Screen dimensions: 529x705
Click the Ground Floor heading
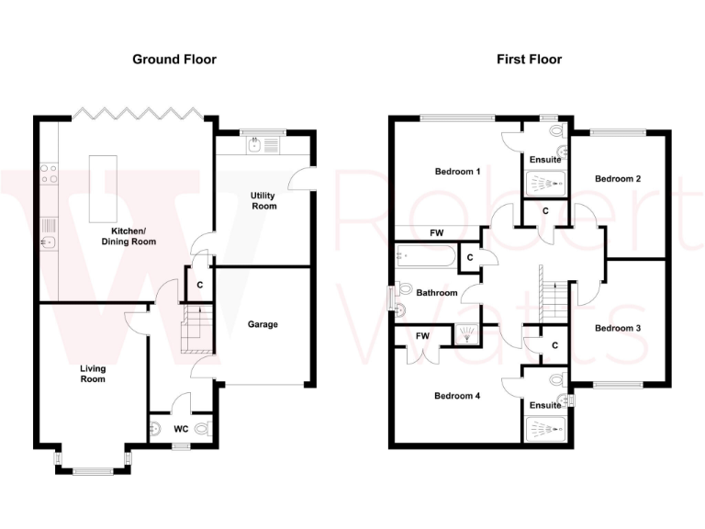[x=174, y=60]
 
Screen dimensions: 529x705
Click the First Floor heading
[x=529, y=60]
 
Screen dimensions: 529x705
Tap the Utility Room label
[x=263, y=200]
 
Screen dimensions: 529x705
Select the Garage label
[x=263, y=324]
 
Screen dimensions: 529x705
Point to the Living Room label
[x=93, y=373]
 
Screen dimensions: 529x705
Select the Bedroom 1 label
[x=457, y=172]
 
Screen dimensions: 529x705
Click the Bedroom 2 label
[x=618, y=178]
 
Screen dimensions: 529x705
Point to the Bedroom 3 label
[x=618, y=328]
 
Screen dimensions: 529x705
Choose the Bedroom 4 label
[x=457, y=396]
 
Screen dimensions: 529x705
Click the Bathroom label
[x=436, y=293]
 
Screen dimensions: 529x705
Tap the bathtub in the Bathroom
[x=423, y=255]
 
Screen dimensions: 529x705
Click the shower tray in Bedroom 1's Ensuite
[x=545, y=185]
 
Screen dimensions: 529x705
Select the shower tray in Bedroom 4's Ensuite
[x=545, y=428]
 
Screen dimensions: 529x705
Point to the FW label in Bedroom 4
[x=421, y=336]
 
